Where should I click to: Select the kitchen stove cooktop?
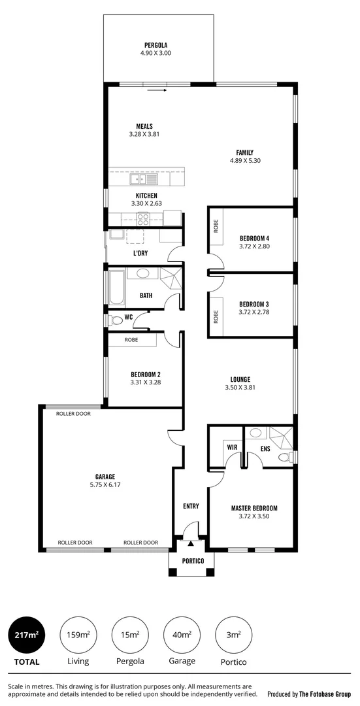144,220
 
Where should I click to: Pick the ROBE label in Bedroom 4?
216,226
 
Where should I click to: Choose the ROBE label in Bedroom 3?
216,316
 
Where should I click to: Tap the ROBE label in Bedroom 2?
131,340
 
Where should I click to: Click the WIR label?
231,447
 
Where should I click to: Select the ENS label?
265,448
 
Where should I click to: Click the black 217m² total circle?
26,635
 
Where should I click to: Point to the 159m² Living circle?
78,635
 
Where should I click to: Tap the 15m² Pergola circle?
130,635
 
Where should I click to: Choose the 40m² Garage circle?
182,635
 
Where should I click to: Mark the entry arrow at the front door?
190,542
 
